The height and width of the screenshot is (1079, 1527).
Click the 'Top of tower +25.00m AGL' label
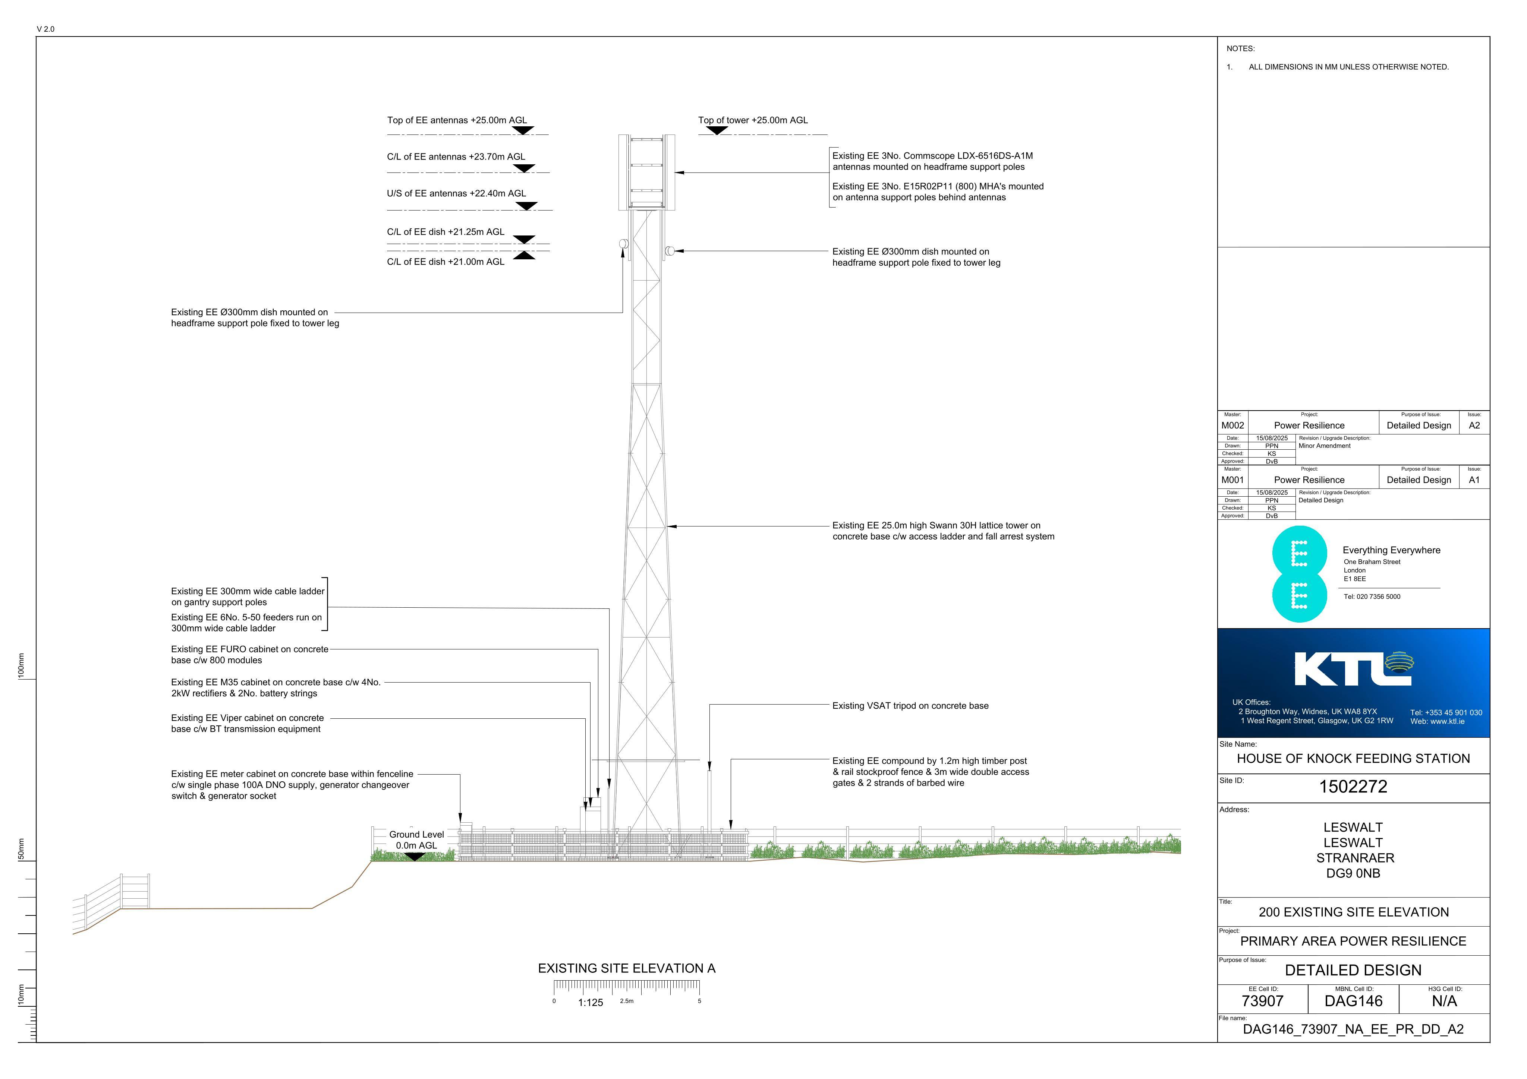(x=753, y=120)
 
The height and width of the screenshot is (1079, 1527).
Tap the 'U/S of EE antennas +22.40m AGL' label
(x=456, y=193)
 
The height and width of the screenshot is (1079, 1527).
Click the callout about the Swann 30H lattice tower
(x=943, y=531)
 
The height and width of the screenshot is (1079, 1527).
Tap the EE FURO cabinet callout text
(x=249, y=655)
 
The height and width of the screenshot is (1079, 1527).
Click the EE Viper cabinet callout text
(x=248, y=723)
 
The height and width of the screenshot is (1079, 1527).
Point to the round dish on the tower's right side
(x=669, y=251)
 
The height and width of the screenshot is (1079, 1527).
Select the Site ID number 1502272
(x=1353, y=787)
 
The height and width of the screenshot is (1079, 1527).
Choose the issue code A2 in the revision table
(x=1474, y=425)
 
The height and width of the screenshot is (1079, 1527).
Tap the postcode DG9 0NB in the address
(x=1353, y=874)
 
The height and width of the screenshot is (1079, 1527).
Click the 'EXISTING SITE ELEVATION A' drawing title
(x=627, y=969)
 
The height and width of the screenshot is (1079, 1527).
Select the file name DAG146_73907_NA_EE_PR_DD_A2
(x=1353, y=1030)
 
